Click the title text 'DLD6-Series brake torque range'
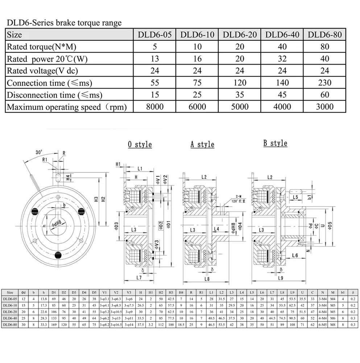click(x=64, y=23)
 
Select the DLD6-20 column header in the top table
click(x=240, y=35)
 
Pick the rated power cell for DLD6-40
click(x=282, y=59)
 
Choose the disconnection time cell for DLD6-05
click(x=154, y=95)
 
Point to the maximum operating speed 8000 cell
click(x=154, y=107)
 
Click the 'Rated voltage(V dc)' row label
click(x=42, y=71)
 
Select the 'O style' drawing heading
click(x=140, y=144)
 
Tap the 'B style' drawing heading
click(x=275, y=143)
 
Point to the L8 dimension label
click(x=207, y=279)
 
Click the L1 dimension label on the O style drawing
click(x=140, y=168)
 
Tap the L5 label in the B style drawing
click(x=295, y=197)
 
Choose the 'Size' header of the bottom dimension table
click(x=10, y=292)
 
